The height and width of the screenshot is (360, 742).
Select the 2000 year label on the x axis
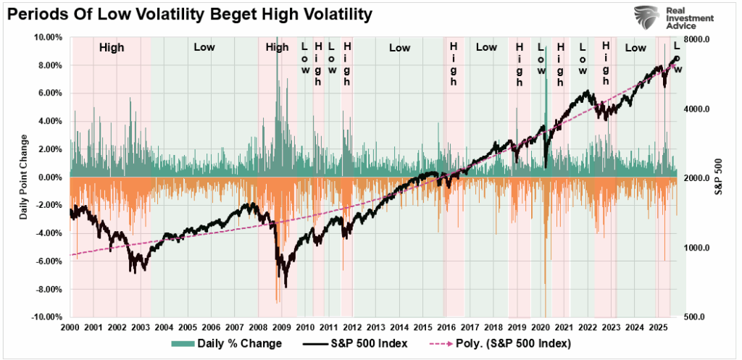click(70, 327)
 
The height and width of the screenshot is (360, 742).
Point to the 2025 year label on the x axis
click(659, 327)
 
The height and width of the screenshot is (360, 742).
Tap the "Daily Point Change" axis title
click(23, 177)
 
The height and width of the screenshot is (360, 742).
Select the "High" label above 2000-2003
click(112, 48)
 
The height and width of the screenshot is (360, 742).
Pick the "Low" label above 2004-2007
click(204, 48)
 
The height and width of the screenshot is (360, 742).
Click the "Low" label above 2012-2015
click(399, 48)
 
